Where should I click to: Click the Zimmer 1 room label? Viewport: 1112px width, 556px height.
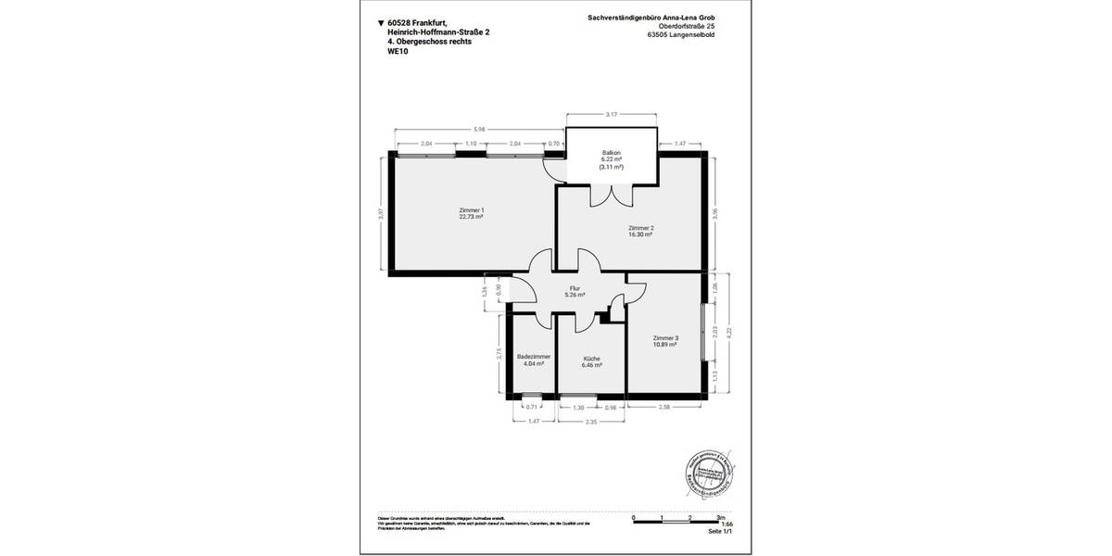tap(472, 210)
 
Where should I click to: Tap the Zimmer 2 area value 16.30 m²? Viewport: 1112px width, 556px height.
tap(640, 235)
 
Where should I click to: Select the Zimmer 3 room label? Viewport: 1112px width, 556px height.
tap(665, 337)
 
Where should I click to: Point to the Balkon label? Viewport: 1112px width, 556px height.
tap(611, 152)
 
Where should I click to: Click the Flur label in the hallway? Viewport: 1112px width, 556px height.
tap(575, 288)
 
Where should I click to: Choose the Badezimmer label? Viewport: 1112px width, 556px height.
tap(534, 357)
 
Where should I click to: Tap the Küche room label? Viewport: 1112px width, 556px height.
tap(592, 359)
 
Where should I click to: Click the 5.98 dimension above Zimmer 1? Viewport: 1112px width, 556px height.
tap(478, 129)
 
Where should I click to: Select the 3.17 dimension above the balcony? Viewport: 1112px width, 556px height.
tap(612, 115)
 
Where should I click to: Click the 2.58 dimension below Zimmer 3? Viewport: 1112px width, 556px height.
tap(664, 407)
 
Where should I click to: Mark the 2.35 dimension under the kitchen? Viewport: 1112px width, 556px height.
tap(592, 422)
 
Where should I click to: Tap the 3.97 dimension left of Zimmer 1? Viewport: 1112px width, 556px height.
tap(380, 214)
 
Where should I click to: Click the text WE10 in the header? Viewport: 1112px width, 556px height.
tap(398, 53)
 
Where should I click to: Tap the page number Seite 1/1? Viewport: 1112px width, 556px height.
tap(720, 532)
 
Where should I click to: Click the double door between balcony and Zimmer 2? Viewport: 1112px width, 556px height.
tap(612, 194)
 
